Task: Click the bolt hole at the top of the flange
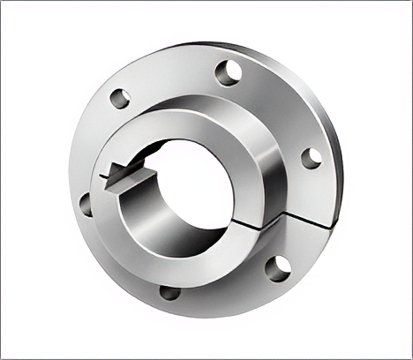[228, 72]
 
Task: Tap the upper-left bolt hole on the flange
[120, 98]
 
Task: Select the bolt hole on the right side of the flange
[311, 158]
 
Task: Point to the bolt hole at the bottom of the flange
[169, 292]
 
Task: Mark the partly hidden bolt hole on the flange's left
[86, 205]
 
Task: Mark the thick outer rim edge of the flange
[337, 176]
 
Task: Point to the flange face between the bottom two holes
[225, 287]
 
